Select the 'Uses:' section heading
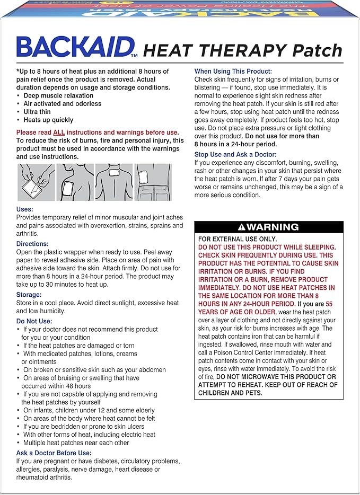point(25,209)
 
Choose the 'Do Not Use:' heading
point(36,321)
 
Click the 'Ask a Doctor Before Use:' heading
point(54,453)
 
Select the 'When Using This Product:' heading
point(233,71)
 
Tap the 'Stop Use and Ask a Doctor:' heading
point(236,154)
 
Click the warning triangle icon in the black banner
point(242,227)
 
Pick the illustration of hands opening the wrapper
point(36,182)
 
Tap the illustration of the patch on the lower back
point(153,182)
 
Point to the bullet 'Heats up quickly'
point(48,120)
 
